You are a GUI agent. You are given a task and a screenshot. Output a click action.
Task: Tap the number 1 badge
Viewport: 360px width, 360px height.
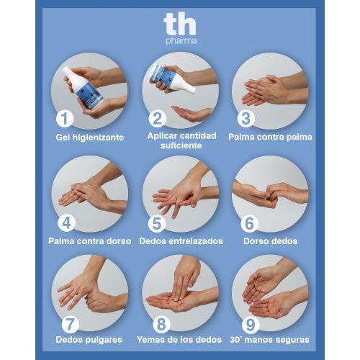pyautogui.click(x=66, y=118)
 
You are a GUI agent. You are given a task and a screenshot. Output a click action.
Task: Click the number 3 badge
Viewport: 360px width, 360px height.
pyautogui.click(x=246, y=118)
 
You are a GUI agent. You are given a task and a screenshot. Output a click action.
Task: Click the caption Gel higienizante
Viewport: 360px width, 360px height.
pyautogui.click(x=89, y=137)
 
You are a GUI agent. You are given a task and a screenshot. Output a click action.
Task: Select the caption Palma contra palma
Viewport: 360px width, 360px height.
pyautogui.click(x=270, y=137)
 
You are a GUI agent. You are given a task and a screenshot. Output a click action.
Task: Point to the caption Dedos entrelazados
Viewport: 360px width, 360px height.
pyautogui.click(x=180, y=240)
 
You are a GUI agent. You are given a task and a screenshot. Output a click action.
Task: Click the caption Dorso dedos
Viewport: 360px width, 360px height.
pyautogui.click(x=270, y=240)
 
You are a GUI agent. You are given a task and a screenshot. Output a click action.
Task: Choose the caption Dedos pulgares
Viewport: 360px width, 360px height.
pyautogui.click(x=89, y=338)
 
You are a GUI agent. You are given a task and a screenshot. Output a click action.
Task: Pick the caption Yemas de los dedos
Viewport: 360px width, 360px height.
pyautogui.click(x=180, y=338)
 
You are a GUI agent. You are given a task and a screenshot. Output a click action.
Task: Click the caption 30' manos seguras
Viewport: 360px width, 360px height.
pyautogui.click(x=270, y=338)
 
